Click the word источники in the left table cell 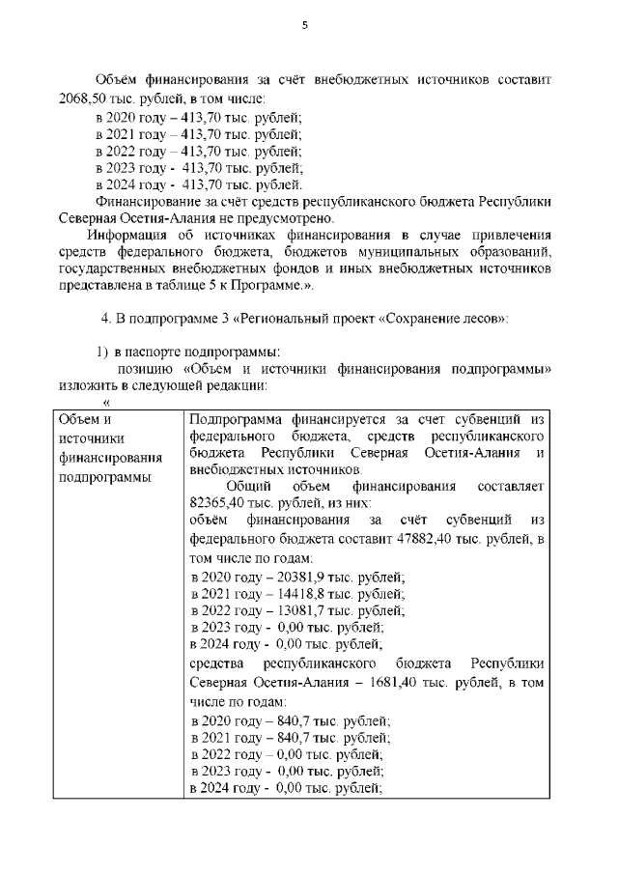pyautogui.click(x=88, y=438)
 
